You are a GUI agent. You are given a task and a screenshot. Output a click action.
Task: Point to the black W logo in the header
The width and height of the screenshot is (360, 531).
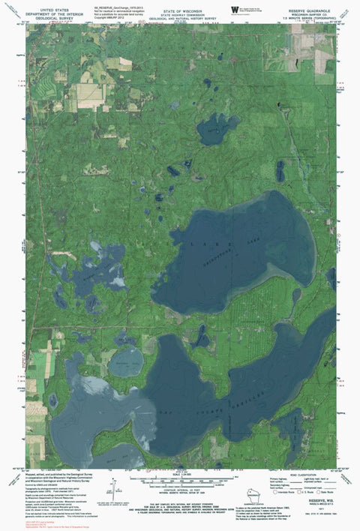(x=234, y=8)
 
